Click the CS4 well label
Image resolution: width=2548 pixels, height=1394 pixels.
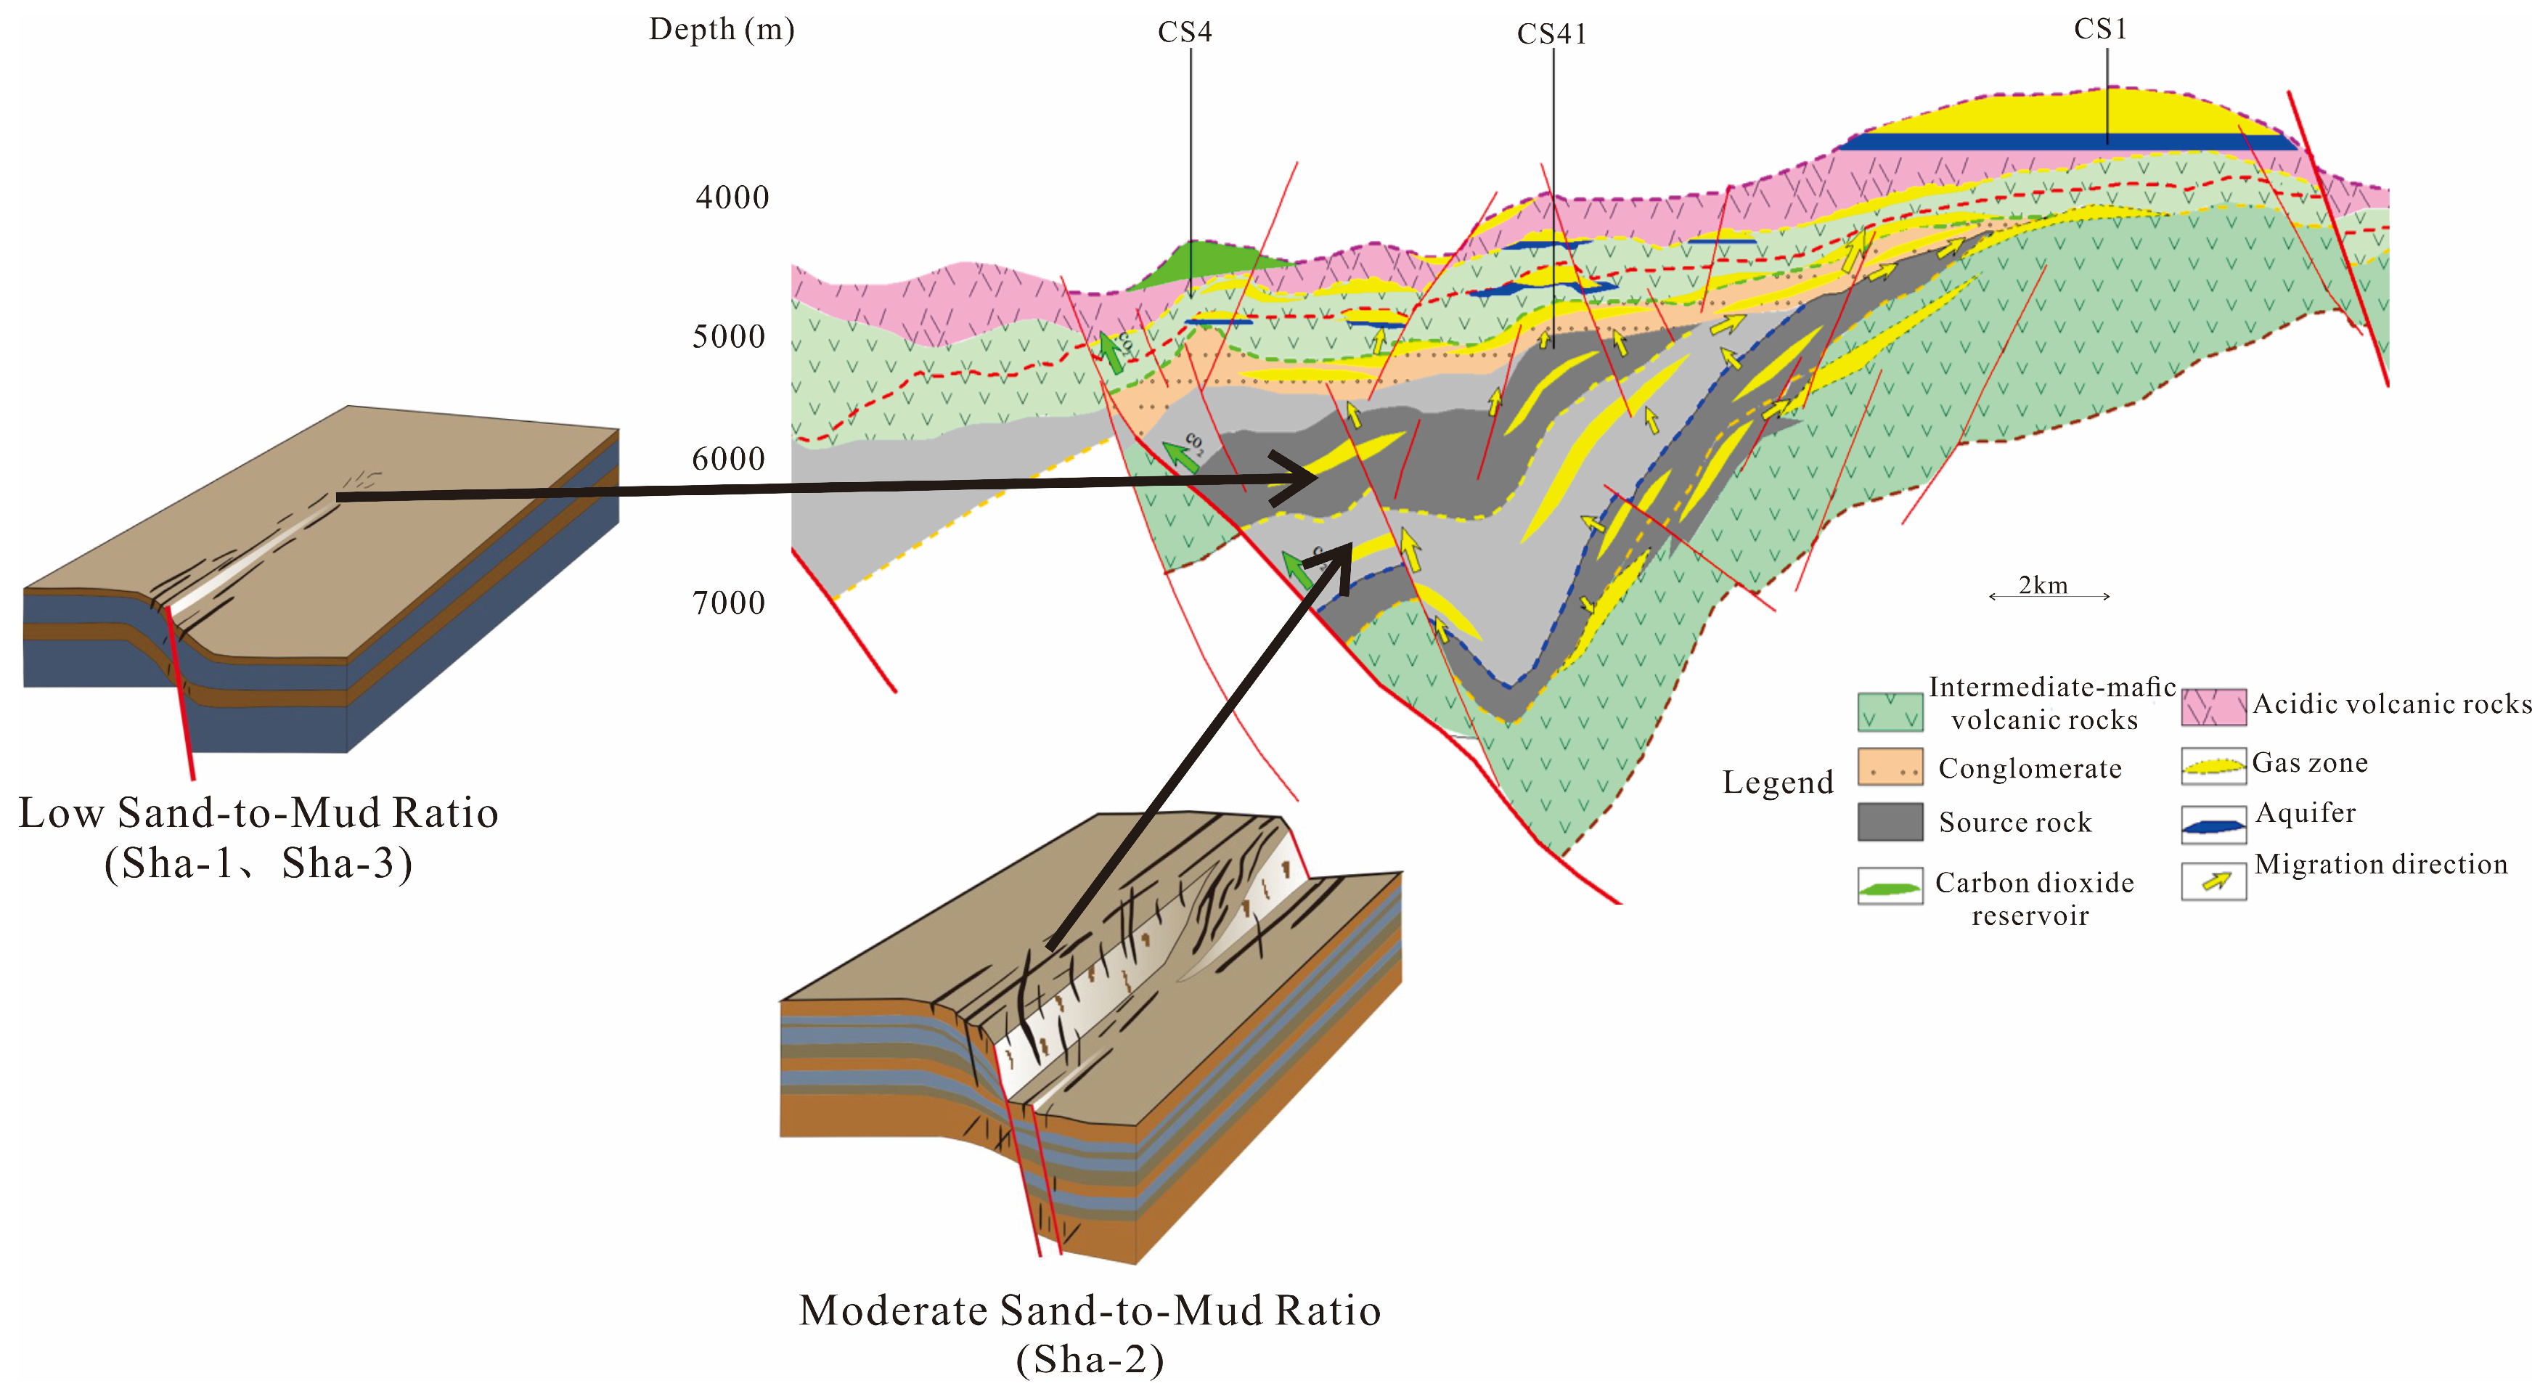pyautogui.click(x=1184, y=33)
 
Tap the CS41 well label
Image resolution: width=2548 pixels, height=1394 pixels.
pyautogui.click(x=1551, y=35)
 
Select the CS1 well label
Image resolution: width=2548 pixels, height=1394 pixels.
pyautogui.click(x=2100, y=30)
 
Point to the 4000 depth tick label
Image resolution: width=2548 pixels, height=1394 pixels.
pyautogui.click(x=732, y=198)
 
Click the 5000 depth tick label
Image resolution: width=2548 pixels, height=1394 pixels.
pyautogui.click(x=729, y=338)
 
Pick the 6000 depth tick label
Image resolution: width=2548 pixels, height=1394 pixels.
pyautogui.click(x=729, y=460)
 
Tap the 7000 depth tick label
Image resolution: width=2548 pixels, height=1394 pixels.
pyautogui.click(x=729, y=603)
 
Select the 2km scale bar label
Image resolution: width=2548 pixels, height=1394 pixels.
pyautogui.click(x=2043, y=586)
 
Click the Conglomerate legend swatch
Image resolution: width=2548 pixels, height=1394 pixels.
pyautogui.click(x=1890, y=767)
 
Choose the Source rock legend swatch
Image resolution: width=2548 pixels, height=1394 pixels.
pyautogui.click(x=1890, y=821)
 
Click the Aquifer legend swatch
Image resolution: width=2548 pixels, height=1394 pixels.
pyautogui.click(x=2213, y=824)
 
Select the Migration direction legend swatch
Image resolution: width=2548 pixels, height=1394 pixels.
pyautogui.click(x=2213, y=881)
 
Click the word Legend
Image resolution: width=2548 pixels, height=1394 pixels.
pyautogui.click(x=1778, y=783)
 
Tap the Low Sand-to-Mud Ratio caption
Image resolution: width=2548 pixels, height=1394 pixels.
pyautogui.click(x=258, y=813)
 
